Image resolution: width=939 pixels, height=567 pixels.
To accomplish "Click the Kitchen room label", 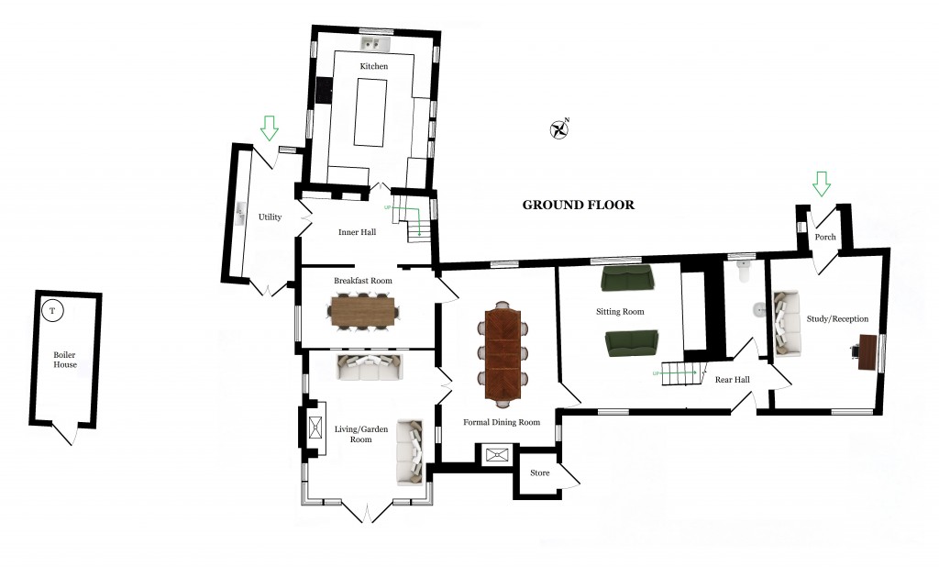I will coord(373,67).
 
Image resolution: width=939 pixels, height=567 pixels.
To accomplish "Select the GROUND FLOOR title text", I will coord(578,205).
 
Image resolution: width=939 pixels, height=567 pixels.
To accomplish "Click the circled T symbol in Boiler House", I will coord(52,311).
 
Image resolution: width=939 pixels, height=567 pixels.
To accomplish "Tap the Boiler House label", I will coord(65,359).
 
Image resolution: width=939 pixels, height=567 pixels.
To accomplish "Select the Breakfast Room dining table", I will coord(362,309).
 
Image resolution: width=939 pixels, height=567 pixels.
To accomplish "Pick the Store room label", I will coord(540,473).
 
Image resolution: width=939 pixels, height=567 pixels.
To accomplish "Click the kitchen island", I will coord(370,113).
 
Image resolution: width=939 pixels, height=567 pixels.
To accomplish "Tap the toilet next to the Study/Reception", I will coord(743,269).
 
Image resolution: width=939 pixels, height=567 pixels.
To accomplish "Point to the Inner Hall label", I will coord(357,232).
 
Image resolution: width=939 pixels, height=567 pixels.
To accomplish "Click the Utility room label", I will coord(270,217).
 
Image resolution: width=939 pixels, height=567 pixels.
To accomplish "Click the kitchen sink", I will coord(374,44).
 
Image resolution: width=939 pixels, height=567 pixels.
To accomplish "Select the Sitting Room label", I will coord(620,312).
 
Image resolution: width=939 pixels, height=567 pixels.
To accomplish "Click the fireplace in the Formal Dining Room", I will coord(496,454).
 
